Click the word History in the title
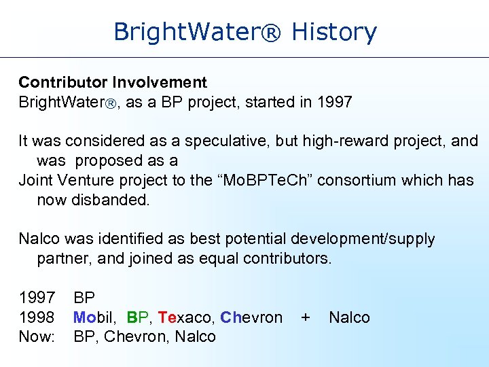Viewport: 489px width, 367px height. pos(333,32)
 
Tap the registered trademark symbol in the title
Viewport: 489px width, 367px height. pos(272,32)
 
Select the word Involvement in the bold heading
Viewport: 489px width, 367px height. pos(160,83)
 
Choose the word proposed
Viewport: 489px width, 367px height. pos(107,161)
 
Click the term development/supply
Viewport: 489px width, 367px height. pos(363,239)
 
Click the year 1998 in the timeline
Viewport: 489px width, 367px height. pos(37,317)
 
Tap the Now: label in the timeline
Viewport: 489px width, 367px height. pos(37,336)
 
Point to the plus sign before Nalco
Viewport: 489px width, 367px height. pos(306,317)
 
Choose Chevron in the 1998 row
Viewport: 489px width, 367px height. pos(251,317)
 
